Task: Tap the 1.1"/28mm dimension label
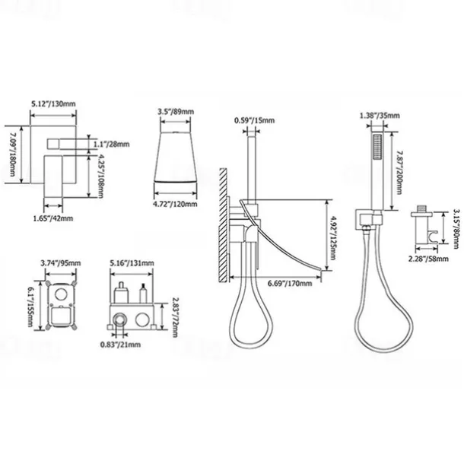pos(112,142)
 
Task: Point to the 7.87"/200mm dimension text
pos(400,165)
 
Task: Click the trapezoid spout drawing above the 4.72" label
pos(176,155)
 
